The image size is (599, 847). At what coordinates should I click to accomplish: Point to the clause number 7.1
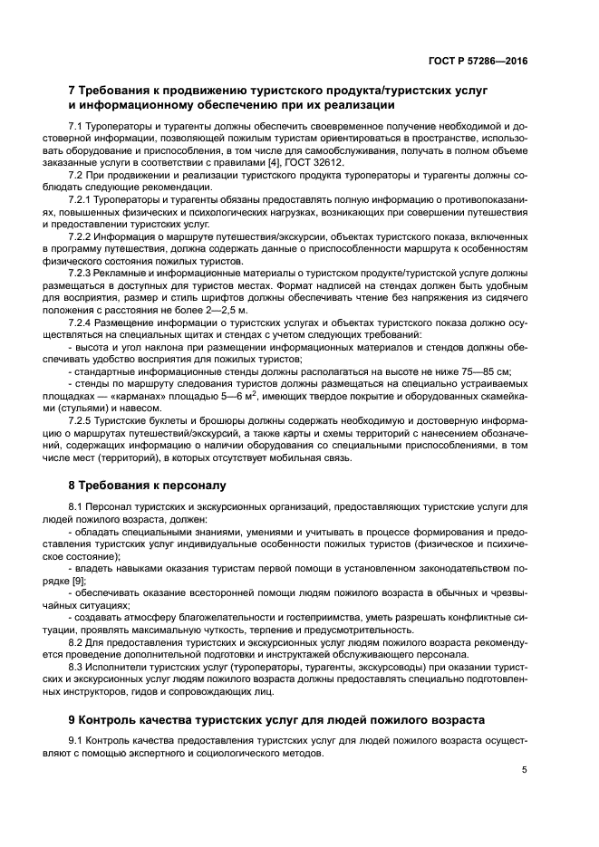click(77, 124)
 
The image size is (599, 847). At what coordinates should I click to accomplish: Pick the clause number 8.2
click(77, 641)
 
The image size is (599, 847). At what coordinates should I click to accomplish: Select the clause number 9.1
click(77, 741)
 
